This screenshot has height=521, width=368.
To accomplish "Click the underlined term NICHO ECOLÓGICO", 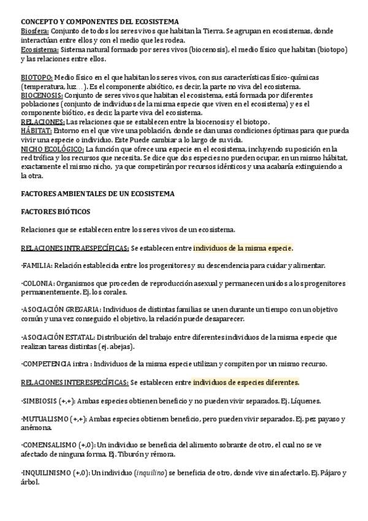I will (x=52, y=149).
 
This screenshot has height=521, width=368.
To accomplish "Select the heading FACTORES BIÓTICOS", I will (x=55, y=211).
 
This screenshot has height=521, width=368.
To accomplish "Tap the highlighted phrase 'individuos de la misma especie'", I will (x=243, y=248).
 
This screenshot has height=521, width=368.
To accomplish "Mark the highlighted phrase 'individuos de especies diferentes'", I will (x=246, y=382).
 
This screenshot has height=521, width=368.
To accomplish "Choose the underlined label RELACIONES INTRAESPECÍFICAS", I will (x=74, y=248).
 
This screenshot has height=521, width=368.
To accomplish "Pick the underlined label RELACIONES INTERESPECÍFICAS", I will (x=74, y=382).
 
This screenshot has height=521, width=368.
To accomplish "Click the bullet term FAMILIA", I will (x=37, y=266).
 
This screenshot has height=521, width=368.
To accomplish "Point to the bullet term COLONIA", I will (x=37, y=284).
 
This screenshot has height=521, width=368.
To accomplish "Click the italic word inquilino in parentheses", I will (x=149, y=472).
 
